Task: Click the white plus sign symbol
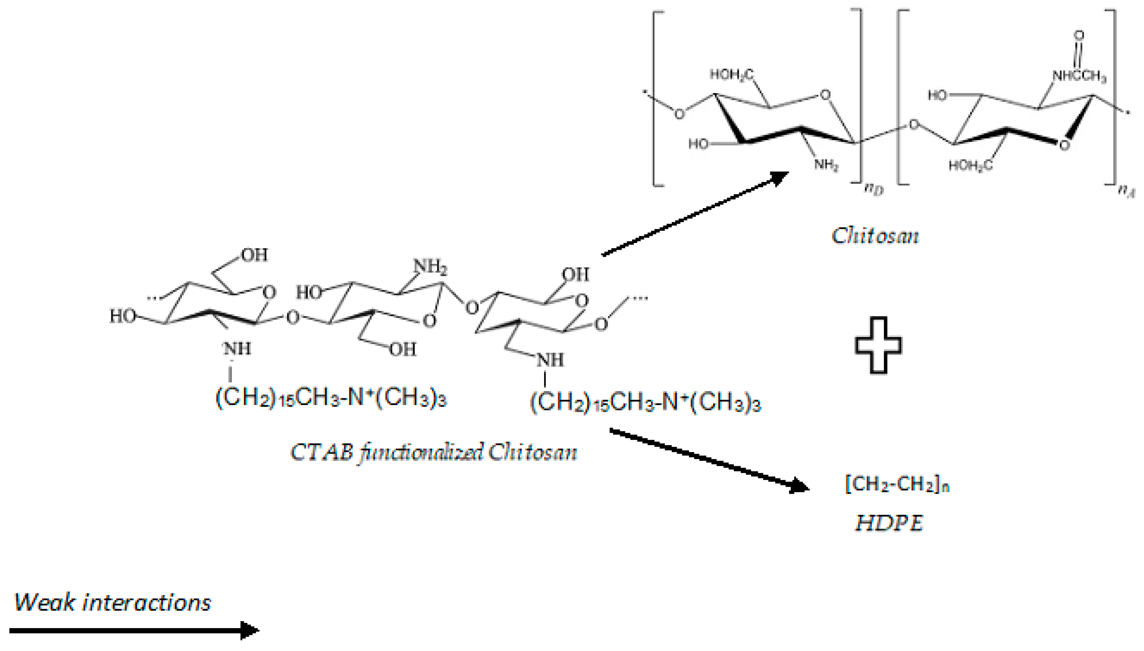[878, 345]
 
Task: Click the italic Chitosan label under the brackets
[875, 236]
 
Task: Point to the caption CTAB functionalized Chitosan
[434, 452]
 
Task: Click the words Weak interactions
[113, 602]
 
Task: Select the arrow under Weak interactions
[134, 630]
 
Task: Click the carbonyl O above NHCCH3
[1079, 35]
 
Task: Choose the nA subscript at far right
[1126, 191]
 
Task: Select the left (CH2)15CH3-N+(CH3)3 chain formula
[331, 397]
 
